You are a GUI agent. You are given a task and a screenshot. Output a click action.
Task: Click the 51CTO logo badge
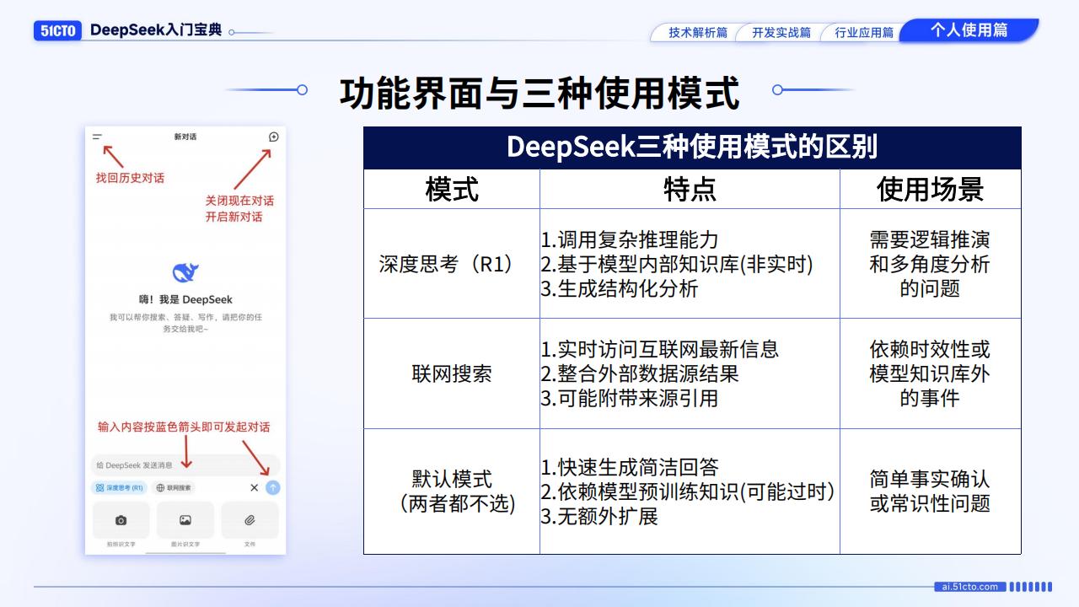(58, 30)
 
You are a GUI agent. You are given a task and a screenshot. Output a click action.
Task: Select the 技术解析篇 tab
(697, 33)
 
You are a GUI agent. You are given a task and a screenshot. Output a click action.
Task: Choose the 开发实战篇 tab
(781, 33)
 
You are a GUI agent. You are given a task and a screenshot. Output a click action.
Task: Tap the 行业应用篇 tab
(863, 33)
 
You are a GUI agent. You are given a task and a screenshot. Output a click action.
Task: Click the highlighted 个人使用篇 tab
(969, 30)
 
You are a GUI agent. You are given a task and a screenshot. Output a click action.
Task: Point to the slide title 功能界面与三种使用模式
(539, 92)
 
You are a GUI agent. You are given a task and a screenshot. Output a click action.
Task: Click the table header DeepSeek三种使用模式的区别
(692, 147)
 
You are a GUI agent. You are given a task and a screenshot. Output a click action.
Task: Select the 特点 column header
(690, 189)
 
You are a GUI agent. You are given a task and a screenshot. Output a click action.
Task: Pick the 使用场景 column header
(930, 189)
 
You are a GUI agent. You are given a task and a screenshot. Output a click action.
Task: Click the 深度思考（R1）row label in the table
(451, 264)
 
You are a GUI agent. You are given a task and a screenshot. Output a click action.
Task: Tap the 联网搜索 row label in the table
(451, 373)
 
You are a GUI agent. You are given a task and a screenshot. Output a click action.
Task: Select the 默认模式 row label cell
(451, 491)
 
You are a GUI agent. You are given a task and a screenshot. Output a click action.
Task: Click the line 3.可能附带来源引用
(630, 398)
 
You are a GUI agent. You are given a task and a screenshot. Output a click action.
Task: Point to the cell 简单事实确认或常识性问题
(930, 491)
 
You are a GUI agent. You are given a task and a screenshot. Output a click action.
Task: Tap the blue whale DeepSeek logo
(185, 272)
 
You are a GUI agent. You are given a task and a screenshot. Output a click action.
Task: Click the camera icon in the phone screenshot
(121, 520)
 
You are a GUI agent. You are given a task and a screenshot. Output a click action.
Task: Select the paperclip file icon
(250, 520)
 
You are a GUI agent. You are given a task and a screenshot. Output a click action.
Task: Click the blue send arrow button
(273, 487)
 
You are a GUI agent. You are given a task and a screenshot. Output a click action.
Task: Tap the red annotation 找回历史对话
(130, 178)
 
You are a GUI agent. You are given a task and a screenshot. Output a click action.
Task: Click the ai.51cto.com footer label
(969, 587)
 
